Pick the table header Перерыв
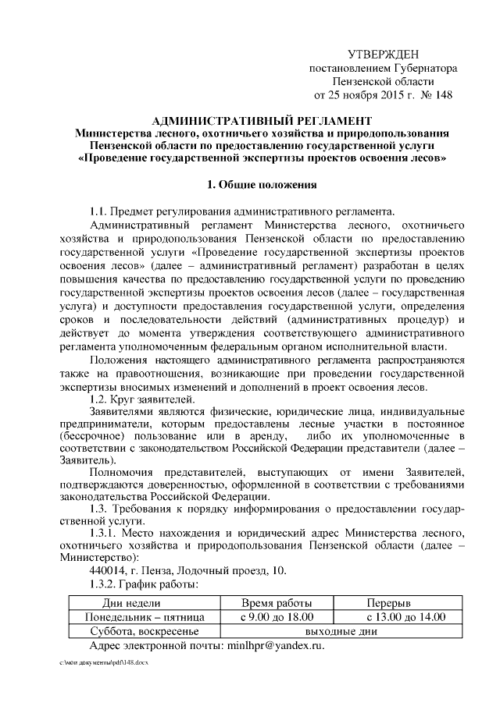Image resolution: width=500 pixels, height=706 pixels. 394,604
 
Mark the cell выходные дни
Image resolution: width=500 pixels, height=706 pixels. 335,632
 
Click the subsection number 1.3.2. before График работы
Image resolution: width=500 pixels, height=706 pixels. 107,584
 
